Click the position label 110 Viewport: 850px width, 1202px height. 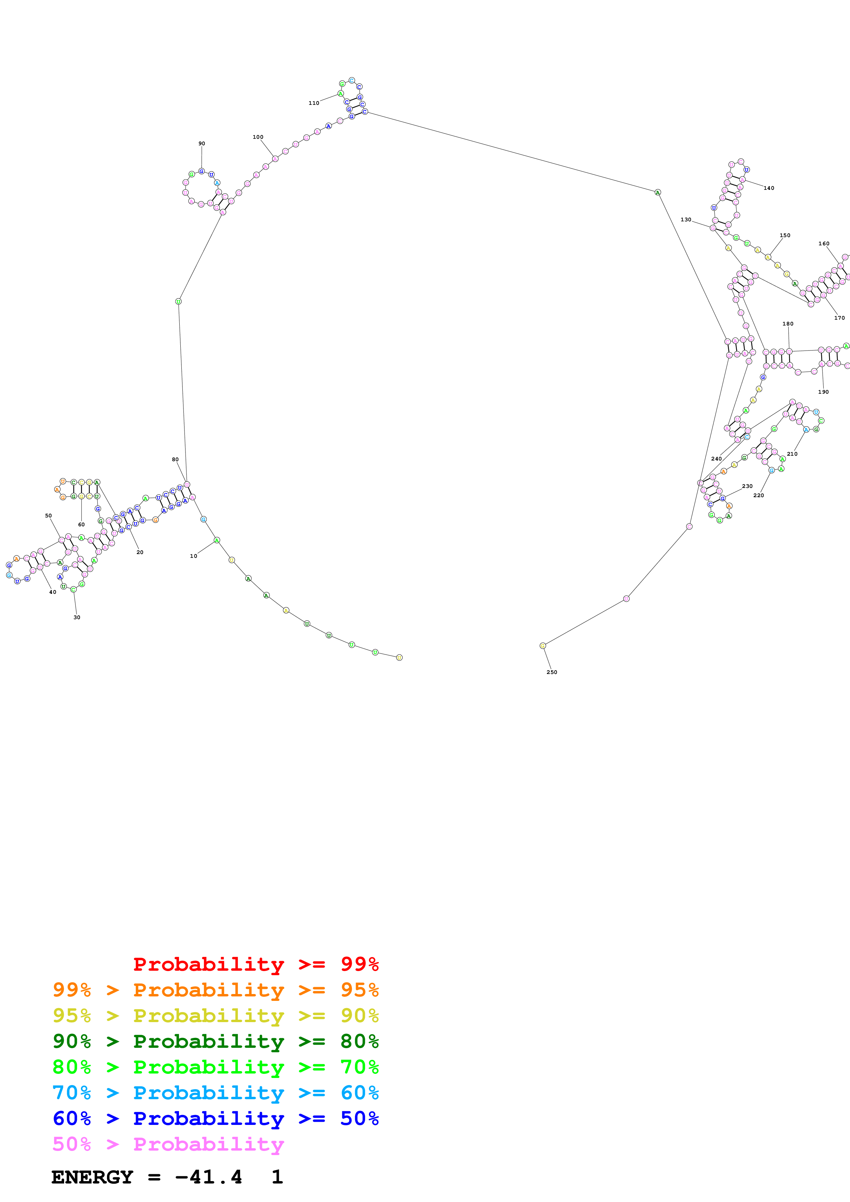[314, 103]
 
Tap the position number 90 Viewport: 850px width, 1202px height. [202, 144]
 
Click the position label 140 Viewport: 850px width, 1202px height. [769, 188]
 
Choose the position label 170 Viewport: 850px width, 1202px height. [839, 318]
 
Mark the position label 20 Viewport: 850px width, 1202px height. [140, 552]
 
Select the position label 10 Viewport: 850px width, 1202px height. [194, 556]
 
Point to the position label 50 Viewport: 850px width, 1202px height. [48, 516]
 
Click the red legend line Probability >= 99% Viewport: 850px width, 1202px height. [255, 964]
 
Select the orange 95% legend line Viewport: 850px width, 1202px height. [216, 990]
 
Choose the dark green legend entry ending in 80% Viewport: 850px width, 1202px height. [216, 1041]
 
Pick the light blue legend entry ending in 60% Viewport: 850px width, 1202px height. [216, 1093]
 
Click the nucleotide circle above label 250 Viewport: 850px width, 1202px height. [542, 646]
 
